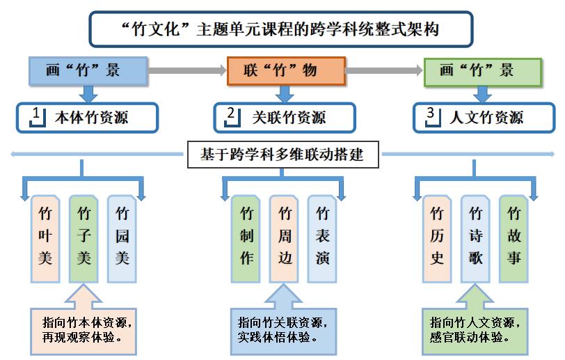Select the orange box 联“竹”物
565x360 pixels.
click(287, 71)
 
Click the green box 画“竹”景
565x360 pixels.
click(482, 71)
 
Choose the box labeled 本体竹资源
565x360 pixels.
click(88, 118)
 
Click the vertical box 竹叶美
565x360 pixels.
click(45, 237)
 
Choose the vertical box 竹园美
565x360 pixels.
click(122, 237)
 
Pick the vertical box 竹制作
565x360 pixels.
click(246, 237)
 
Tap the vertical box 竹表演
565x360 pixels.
click(323, 237)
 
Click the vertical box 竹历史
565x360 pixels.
click(437, 237)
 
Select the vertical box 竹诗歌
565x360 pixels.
click(475, 237)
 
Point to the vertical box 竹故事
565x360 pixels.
click(514, 237)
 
